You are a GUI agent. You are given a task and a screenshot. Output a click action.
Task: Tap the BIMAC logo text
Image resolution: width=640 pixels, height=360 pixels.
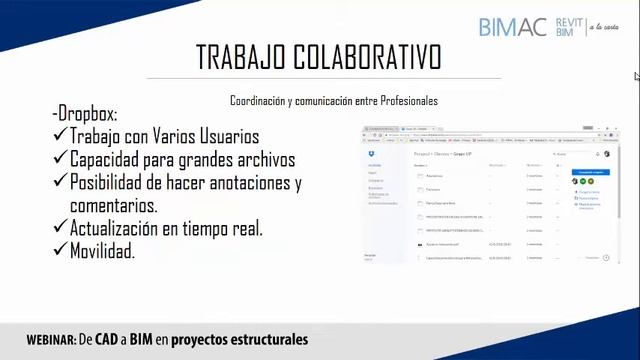pyautogui.click(x=513, y=27)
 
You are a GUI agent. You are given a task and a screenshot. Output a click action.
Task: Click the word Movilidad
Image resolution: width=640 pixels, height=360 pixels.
pyautogui.click(x=103, y=252)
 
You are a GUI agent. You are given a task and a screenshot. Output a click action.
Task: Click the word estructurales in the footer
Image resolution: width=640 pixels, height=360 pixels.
pyautogui.click(x=266, y=340)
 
